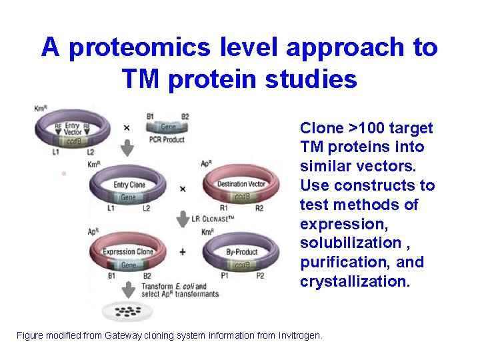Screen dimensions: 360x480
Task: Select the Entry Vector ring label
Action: click(73, 129)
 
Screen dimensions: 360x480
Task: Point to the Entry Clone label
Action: click(130, 185)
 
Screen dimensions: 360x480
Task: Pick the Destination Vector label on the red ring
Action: click(241, 184)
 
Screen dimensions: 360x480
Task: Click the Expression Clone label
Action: click(127, 252)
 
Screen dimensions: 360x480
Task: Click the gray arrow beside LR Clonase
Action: click(181, 219)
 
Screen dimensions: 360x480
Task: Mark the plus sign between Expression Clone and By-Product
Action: click(183, 253)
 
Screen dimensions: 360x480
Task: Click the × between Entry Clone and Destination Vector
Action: click(183, 189)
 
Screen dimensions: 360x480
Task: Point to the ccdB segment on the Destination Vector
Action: click(242, 197)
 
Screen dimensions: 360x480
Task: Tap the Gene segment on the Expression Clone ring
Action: click(128, 265)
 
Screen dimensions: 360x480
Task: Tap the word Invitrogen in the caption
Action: click(299, 335)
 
